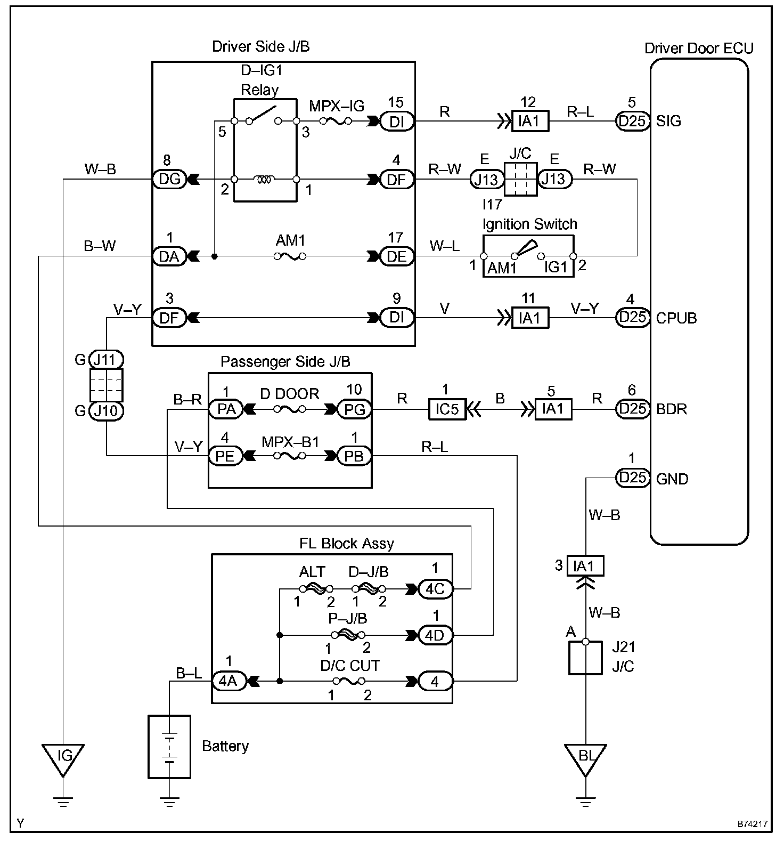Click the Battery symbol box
[x=169, y=746]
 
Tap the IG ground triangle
[x=63, y=758]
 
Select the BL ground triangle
[x=585, y=758]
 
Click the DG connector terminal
[x=169, y=180]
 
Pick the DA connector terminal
[x=169, y=257]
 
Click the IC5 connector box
[x=447, y=409]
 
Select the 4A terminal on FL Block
[x=228, y=681]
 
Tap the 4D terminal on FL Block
[x=435, y=635]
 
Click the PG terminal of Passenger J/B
[x=355, y=409]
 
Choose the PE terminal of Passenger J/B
[x=225, y=456]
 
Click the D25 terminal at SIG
[x=632, y=122]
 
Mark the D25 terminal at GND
[x=632, y=478]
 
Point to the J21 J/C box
[x=585, y=659]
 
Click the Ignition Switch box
[x=528, y=257]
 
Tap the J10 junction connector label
[x=105, y=411]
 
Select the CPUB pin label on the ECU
[x=676, y=318]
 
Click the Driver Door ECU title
[x=699, y=48]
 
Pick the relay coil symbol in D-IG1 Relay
[x=265, y=180]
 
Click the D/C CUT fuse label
[x=350, y=666]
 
